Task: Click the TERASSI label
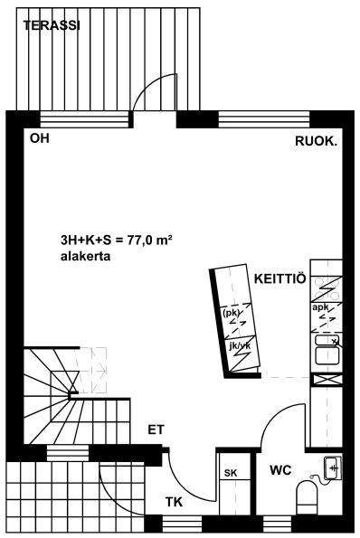coord(52,25)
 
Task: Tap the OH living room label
coord(40,138)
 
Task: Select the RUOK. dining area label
coord(317,141)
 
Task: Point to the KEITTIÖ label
coord(279,278)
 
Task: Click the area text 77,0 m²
coord(149,241)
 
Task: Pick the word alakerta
coord(85,256)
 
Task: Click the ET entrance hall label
coord(156,429)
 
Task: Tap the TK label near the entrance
coord(174,502)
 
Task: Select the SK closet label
coord(231,473)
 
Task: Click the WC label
coord(280,470)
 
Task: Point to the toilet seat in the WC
coord(308,496)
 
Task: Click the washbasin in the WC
coord(333,468)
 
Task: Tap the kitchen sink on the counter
coord(327,350)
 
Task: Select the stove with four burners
coord(327,288)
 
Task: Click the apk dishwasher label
coord(320,307)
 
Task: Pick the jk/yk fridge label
coord(240,346)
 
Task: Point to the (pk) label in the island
coord(231,313)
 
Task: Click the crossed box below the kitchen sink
coord(327,379)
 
